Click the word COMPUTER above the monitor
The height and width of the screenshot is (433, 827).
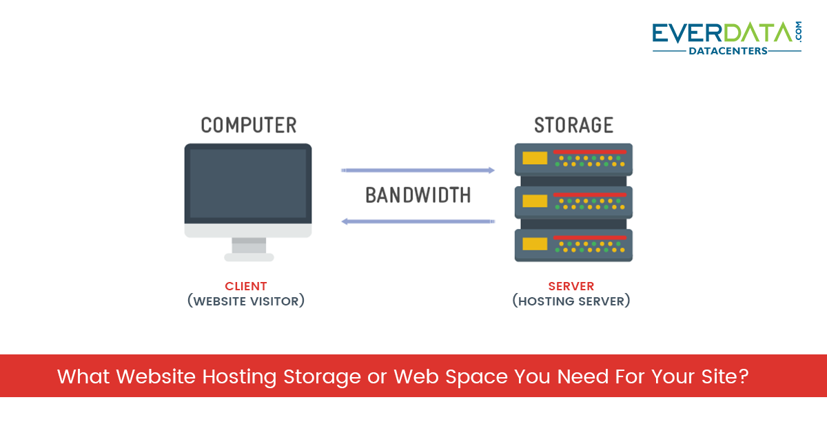[x=249, y=125]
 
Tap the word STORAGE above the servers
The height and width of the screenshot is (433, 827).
[x=573, y=125]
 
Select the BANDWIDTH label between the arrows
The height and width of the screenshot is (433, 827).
[x=418, y=195]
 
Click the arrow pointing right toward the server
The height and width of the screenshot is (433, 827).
[x=418, y=170]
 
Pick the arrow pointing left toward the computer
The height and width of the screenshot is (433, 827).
[x=418, y=221]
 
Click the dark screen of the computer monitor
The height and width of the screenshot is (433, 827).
[x=248, y=183]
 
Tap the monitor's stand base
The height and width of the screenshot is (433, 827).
[x=249, y=257]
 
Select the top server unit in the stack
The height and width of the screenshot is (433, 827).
[x=573, y=159]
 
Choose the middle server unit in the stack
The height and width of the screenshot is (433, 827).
[x=573, y=201]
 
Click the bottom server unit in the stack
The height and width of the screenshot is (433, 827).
[x=573, y=245]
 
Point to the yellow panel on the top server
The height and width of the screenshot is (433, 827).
[x=535, y=159]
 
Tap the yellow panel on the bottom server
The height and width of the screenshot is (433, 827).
[x=535, y=243]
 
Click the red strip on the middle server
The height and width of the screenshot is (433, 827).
[x=589, y=194]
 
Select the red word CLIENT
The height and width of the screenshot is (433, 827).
[x=246, y=286]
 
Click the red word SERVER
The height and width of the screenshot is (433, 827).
[x=571, y=286]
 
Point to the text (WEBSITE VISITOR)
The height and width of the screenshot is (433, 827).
[x=246, y=301]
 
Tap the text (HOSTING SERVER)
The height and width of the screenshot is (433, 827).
[x=571, y=301]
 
